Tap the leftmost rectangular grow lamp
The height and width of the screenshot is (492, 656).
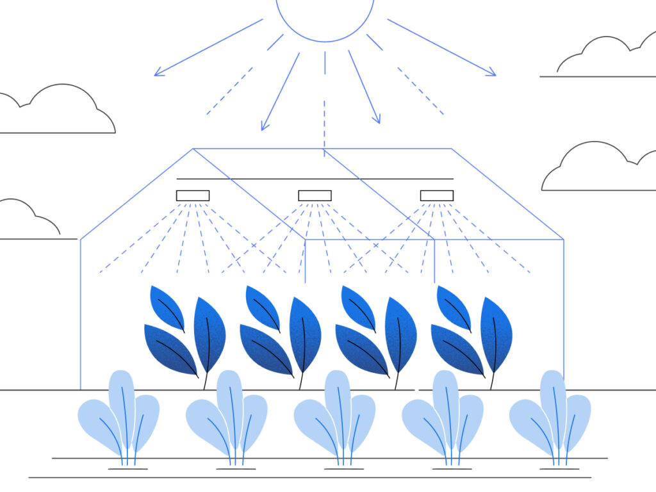point(193,195)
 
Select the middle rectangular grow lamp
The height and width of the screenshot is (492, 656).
point(315,195)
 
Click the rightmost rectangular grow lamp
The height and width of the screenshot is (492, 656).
point(436,195)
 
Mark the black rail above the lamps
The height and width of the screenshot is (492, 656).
point(315,179)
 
